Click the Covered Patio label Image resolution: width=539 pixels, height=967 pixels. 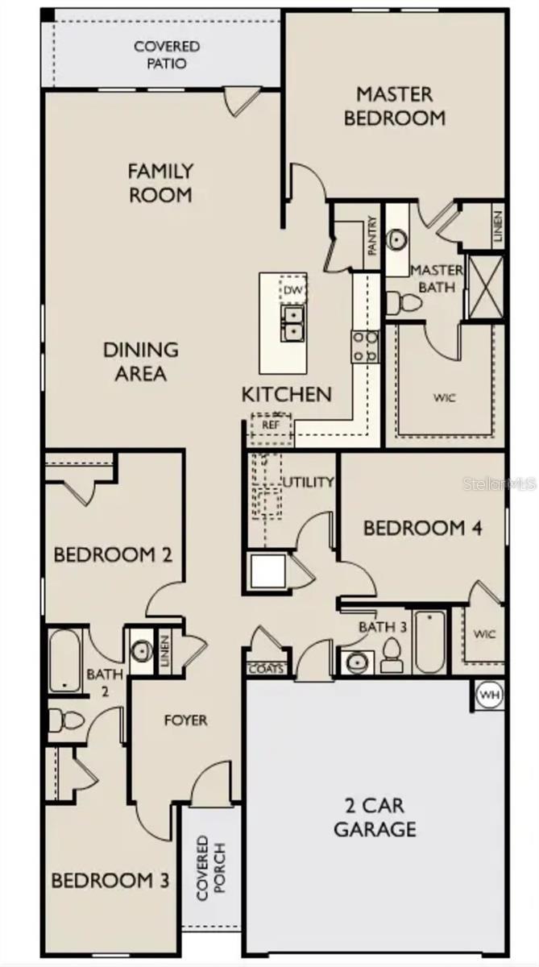coord(167,55)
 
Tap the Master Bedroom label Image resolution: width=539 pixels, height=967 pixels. coord(395,106)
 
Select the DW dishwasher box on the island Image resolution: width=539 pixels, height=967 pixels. coord(292,288)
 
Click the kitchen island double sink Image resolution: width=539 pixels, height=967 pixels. coord(292,322)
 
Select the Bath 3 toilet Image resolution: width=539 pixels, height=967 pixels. coord(392,657)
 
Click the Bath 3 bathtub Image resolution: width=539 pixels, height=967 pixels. coord(430,641)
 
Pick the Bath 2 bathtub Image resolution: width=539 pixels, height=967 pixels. coord(64,661)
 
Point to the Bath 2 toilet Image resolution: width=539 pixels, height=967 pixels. coord(64,719)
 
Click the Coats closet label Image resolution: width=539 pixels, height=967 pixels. coord(265,668)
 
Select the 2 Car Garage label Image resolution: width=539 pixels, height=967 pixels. coord(375,817)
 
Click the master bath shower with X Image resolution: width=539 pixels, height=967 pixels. coord(486,286)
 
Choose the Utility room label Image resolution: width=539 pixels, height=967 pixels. coord(308,483)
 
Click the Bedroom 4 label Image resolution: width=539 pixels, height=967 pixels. coord(423,529)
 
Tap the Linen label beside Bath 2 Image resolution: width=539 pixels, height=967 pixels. coord(164,650)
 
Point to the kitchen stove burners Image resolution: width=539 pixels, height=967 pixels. coord(365,346)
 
